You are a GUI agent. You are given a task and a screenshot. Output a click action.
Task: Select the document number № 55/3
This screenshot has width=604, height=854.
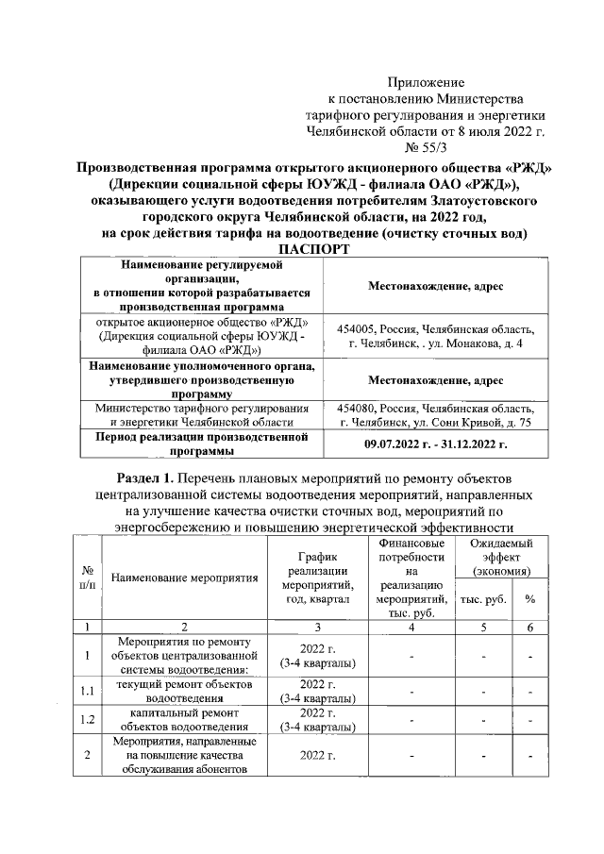pos(427,146)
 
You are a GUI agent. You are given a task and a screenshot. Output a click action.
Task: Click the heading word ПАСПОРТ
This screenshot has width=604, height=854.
pos(301,249)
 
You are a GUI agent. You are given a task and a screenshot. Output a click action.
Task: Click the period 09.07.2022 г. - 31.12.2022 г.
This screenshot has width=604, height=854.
pos(435,444)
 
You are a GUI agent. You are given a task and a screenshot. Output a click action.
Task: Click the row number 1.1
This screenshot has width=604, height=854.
pos(87,692)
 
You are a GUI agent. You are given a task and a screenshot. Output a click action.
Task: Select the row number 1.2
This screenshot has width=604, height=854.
pos(87,721)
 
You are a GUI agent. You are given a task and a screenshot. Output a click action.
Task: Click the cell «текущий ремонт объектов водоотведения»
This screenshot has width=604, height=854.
pos(184,692)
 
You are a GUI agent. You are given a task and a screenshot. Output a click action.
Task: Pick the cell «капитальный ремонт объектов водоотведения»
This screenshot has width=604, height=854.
pos(184,721)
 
